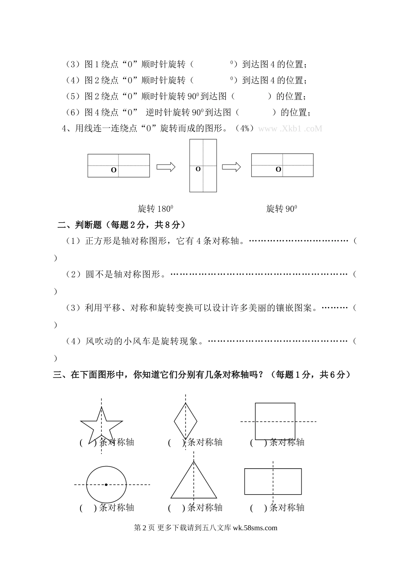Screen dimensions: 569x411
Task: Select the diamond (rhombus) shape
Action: [x=186, y=419]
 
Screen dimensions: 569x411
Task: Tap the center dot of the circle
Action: [x=106, y=485]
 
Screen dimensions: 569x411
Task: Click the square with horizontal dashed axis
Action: [x=275, y=421]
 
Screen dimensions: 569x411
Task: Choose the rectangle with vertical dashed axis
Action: [x=273, y=481]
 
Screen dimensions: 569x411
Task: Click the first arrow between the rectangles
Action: [x=166, y=167]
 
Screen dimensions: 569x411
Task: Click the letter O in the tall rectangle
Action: [x=198, y=169]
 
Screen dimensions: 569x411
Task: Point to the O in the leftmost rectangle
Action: [x=113, y=170]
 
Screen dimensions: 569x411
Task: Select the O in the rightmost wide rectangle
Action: [x=278, y=169]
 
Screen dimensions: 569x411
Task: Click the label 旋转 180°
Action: [x=155, y=209]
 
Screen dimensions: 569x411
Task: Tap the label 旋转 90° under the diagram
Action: [x=281, y=209]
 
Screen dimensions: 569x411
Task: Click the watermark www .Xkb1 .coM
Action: [x=290, y=129]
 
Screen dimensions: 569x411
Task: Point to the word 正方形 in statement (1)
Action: [x=97, y=241]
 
